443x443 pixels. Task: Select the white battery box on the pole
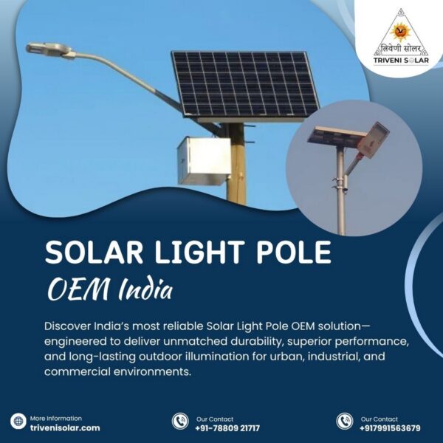(x=204, y=160)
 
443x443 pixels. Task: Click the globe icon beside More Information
(x=18, y=422)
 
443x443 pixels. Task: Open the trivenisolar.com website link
(x=64, y=427)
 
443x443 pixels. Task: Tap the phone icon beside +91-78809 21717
(x=179, y=422)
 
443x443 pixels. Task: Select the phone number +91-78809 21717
(x=227, y=427)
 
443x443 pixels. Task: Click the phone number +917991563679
(x=391, y=427)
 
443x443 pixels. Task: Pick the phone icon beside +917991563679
(x=344, y=422)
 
